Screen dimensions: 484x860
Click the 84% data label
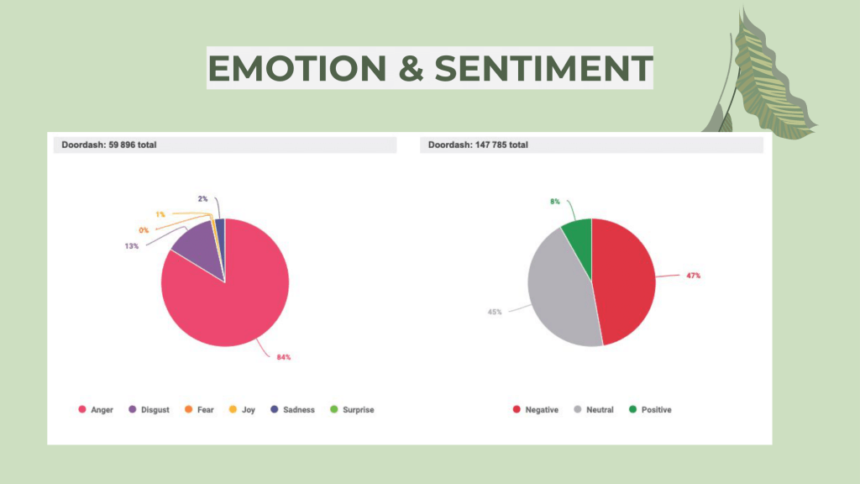click(x=283, y=357)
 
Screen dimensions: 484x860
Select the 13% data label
click(x=132, y=246)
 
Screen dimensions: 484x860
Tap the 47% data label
click(x=693, y=276)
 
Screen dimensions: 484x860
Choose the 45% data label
click(x=495, y=312)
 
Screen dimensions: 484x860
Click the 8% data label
click(x=554, y=202)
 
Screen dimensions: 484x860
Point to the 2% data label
click(x=202, y=198)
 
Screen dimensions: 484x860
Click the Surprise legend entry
click(x=352, y=410)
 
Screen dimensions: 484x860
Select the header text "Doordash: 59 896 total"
click(x=109, y=145)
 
